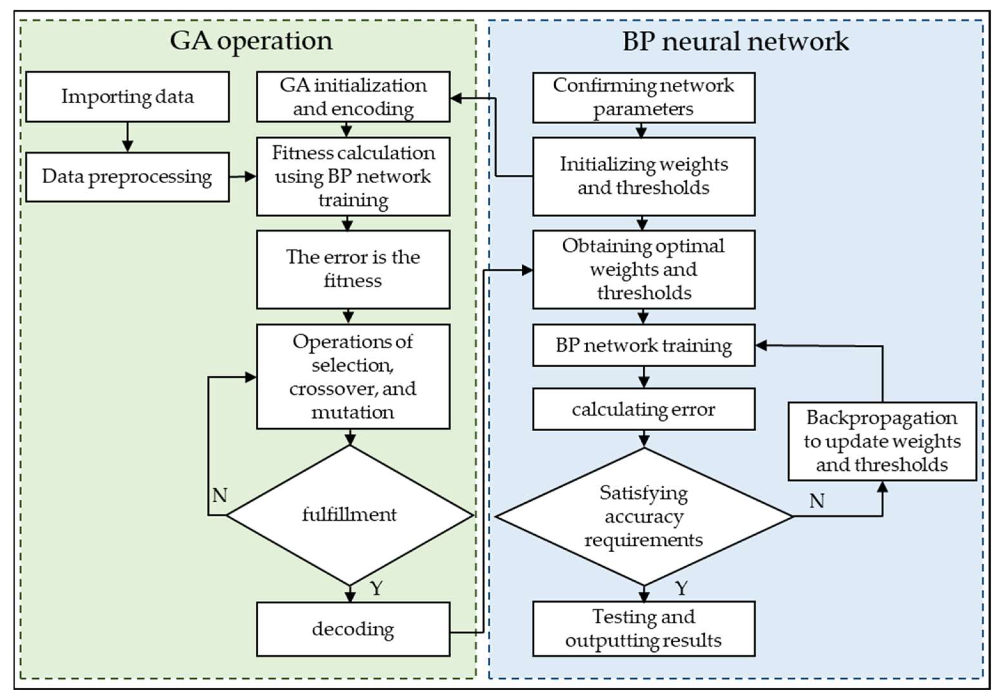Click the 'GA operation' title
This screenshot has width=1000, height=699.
click(x=251, y=41)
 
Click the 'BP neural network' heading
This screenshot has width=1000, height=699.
click(x=735, y=42)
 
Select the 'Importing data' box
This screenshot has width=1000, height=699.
click(x=127, y=97)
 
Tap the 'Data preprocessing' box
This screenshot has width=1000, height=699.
click(x=127, y=177)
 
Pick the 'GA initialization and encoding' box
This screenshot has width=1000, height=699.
click(x=353, y=97)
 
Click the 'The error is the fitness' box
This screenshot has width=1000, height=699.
click(x=353, y=269)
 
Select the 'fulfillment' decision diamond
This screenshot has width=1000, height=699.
click(x=349, y=515)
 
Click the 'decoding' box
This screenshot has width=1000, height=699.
click(x=353, y=629)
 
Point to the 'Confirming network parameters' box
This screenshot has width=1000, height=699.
click(x=643, y=98)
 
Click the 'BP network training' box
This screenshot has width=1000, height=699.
click(x=643, y=345)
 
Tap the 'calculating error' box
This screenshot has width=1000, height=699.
click(x=643, y=409)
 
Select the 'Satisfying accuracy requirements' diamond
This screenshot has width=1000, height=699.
click(x=643, y=516)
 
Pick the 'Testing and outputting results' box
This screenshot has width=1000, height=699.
click(x=643, y=629)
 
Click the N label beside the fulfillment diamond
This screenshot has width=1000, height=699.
click(x=220, y=495)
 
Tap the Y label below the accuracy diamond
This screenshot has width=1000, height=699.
click(x=682, y=588)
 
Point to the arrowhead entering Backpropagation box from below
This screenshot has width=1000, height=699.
click(x=882, y=488)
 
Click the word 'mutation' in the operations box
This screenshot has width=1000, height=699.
click(x=353, y=412)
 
